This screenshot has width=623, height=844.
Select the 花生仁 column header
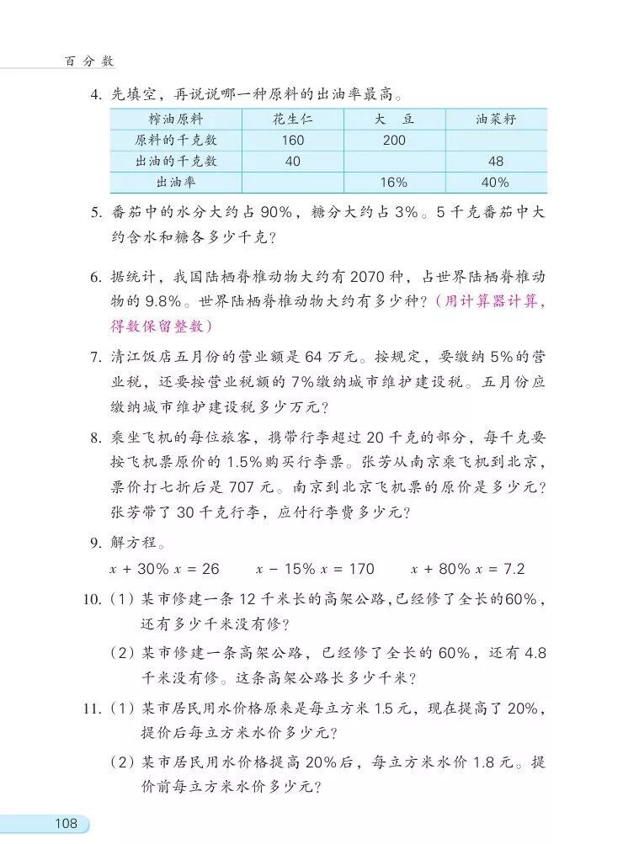click(x=292, y=119)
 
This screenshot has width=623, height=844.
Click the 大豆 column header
click(x=394, y=119)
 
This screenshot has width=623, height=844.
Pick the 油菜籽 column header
click(x=495, y=119)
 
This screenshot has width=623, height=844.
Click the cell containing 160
click(x=292, y=140)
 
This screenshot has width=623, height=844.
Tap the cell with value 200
click(x=394, y=140)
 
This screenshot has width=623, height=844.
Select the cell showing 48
click(x=495, y=161)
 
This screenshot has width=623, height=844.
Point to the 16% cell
click(x=394, y=182)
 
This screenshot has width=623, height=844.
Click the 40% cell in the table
click(x=495, y=182)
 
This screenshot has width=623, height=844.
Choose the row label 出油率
click(x=176, y=182)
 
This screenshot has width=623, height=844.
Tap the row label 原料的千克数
click(x=176, y=140)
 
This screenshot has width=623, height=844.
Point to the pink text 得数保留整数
click(x=160, y=326)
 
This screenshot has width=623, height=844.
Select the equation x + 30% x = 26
click(x=164, y=569)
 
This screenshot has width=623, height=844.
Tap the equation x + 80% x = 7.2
click(x=467, y=569)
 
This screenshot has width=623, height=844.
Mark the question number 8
click(x=95, y=438)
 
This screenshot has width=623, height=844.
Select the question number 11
click(x=93, y=709)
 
